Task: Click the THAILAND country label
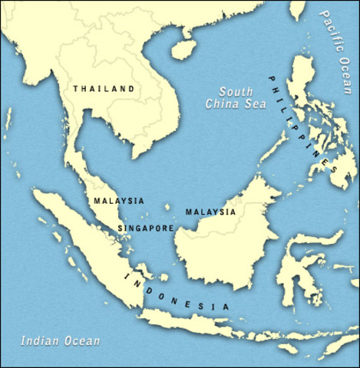click(104, 89)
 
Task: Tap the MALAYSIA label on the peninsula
click(118, 201)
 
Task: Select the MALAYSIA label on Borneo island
click(210, 212)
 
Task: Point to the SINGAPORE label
click(146, 228)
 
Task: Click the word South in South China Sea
click(230, 90)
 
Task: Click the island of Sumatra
click(84, 238)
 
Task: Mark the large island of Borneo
click(215, 245)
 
